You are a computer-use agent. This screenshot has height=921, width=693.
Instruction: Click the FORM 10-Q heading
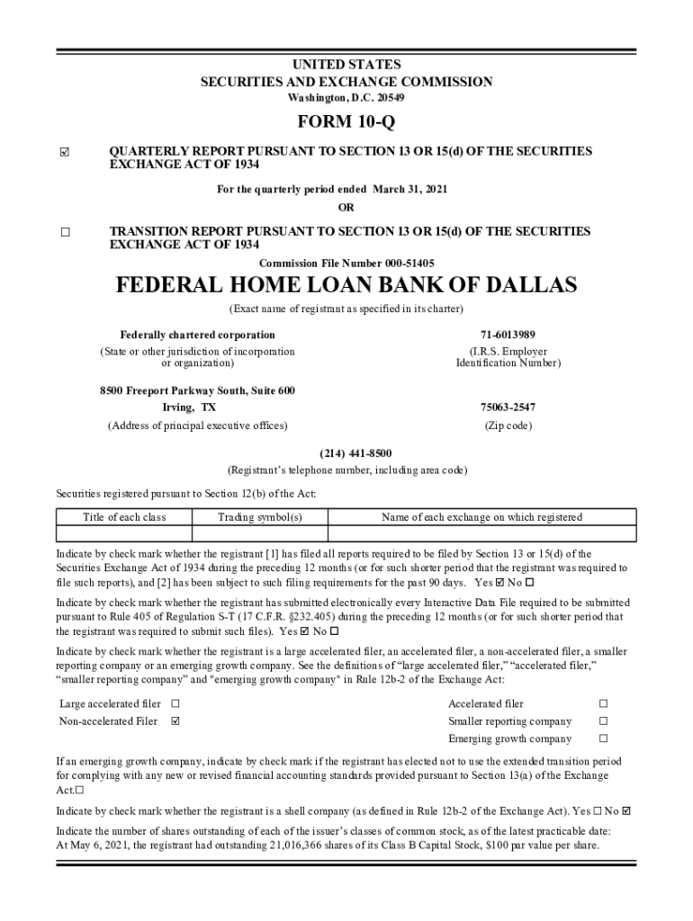point(346,122)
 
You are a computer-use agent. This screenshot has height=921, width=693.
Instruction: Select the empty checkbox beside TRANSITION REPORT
point(65,232)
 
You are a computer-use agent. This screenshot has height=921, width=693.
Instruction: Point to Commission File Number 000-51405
point(346,263)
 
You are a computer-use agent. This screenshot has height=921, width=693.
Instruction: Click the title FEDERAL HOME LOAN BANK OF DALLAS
point(346,286)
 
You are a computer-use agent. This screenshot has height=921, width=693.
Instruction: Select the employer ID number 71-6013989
point(508,335)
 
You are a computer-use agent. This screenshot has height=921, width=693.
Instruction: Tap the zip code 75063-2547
point(508,407)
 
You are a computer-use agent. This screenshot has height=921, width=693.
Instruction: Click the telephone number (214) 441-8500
point(346,452)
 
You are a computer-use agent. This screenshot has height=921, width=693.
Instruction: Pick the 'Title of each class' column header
point(124,517)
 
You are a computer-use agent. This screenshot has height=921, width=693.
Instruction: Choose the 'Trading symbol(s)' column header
point(260,517)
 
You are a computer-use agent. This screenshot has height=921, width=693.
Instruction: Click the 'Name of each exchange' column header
point(481,517)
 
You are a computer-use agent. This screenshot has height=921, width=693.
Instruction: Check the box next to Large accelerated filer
point(175,703)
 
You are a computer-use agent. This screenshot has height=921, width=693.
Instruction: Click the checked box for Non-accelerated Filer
point(175,721)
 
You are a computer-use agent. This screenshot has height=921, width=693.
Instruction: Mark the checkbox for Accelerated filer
point(604,703)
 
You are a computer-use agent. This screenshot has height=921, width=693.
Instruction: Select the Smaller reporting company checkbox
point(604,721)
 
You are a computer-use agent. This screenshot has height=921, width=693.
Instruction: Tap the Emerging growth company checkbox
point(604,739)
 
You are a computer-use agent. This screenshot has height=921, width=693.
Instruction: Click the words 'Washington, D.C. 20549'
point(346,97)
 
